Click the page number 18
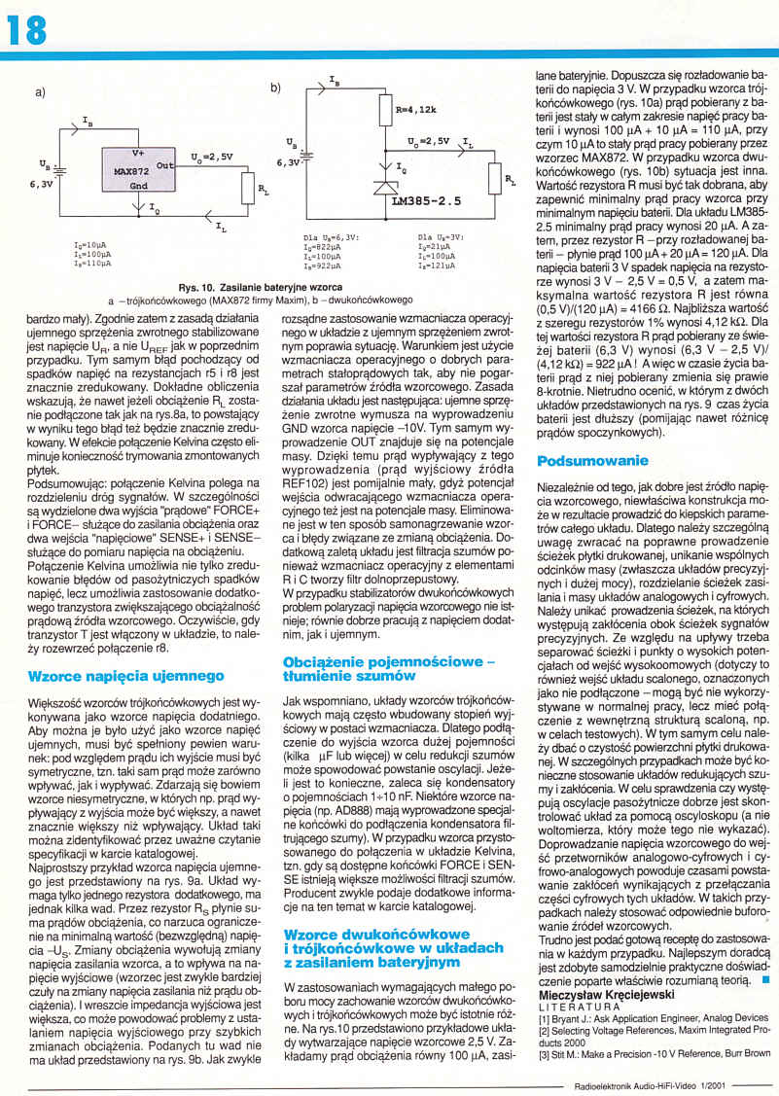pos(27,30)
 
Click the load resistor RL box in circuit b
pos(498,178)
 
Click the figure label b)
pos(275,88)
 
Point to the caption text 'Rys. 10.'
pos(198,288)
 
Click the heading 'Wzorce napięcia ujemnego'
pos(126,675)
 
